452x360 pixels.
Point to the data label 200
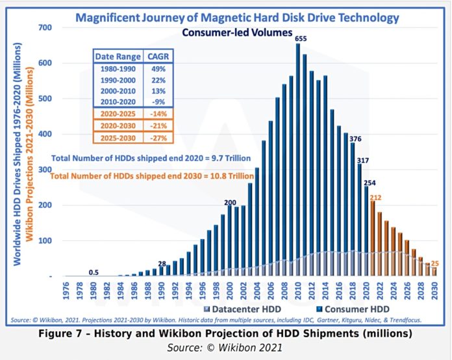tap(230, 202)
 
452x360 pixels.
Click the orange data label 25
tap(434, 263)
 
